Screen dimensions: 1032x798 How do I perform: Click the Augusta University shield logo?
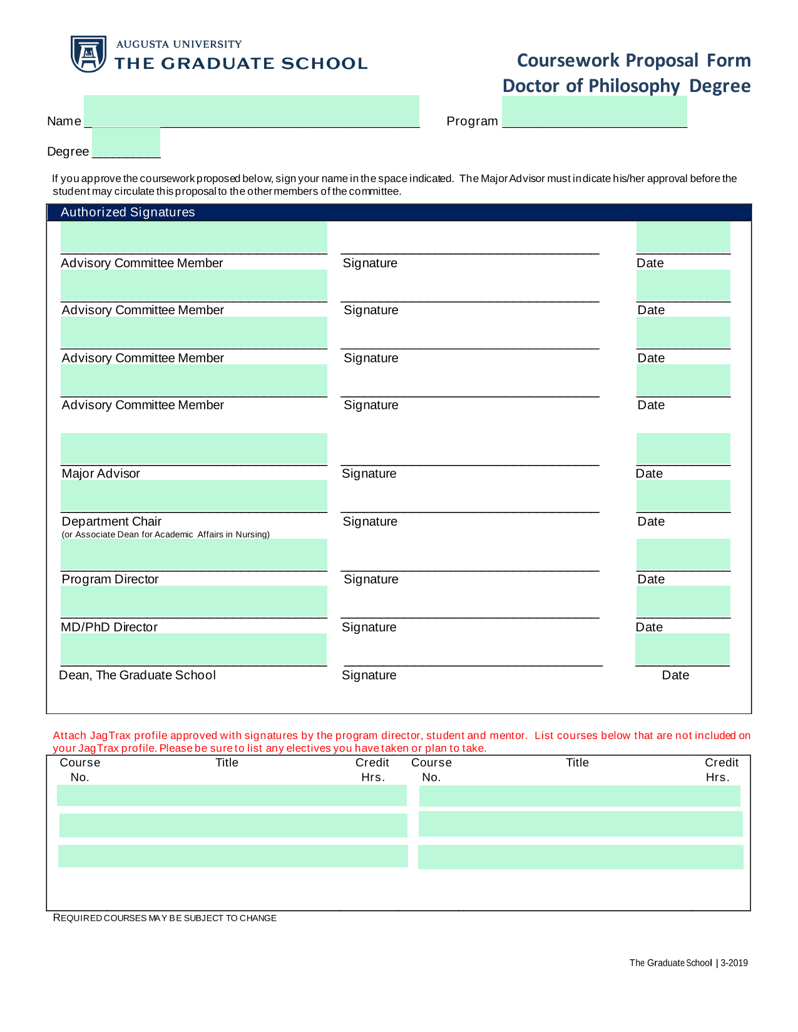(88, 54)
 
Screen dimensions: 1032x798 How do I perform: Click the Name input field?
(251, 111)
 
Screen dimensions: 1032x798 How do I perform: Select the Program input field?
(594, 112)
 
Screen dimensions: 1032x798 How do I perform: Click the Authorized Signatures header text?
(128, 212)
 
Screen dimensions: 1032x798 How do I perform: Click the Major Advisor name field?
(193, 449)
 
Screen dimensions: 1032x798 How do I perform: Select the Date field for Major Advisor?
(683, 449)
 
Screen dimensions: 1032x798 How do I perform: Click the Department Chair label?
(111, 521)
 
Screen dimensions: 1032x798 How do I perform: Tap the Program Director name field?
(193, 554)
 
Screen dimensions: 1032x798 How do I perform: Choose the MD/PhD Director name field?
(193, 601)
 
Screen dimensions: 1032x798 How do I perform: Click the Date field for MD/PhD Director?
(683, 601)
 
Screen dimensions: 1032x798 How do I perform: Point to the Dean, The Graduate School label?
(137, 675)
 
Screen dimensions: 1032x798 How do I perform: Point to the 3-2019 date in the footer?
(734, 963)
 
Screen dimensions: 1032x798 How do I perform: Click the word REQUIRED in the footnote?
(78, 918)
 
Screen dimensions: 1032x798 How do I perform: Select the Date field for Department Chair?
(683, 496)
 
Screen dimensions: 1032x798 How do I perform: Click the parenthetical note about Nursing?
(165, 534)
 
